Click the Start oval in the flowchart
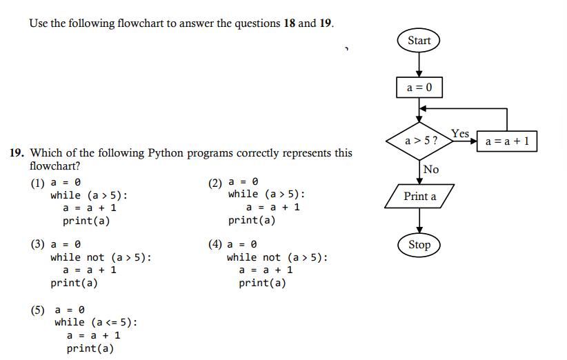[419, 41]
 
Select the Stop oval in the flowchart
[419, 245]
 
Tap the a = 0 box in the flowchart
[419, 88]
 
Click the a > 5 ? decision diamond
[419, 141]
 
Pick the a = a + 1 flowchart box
[507, 141]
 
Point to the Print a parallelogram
[419, 197]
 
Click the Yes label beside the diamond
[460, 132]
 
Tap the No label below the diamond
[431, 170]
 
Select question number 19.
[17, 153]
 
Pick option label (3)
[37, 245]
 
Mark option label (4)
[216, 245]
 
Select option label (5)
[37, 310]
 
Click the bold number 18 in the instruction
[290, 23]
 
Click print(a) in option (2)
[252, 221]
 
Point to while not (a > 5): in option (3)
[101, 257]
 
